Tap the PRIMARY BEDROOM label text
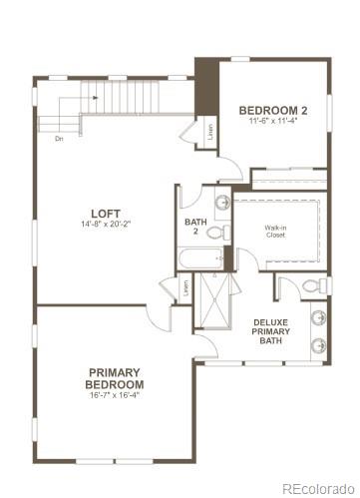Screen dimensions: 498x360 pos(114,378)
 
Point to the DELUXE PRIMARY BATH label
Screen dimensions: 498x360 pos(271,332)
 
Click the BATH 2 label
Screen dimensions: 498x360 pos(195,227)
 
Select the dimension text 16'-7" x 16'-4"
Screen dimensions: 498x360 pos(114,394)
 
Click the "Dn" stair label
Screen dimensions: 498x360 pos(60,138)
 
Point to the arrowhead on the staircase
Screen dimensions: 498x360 pos(99,98)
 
